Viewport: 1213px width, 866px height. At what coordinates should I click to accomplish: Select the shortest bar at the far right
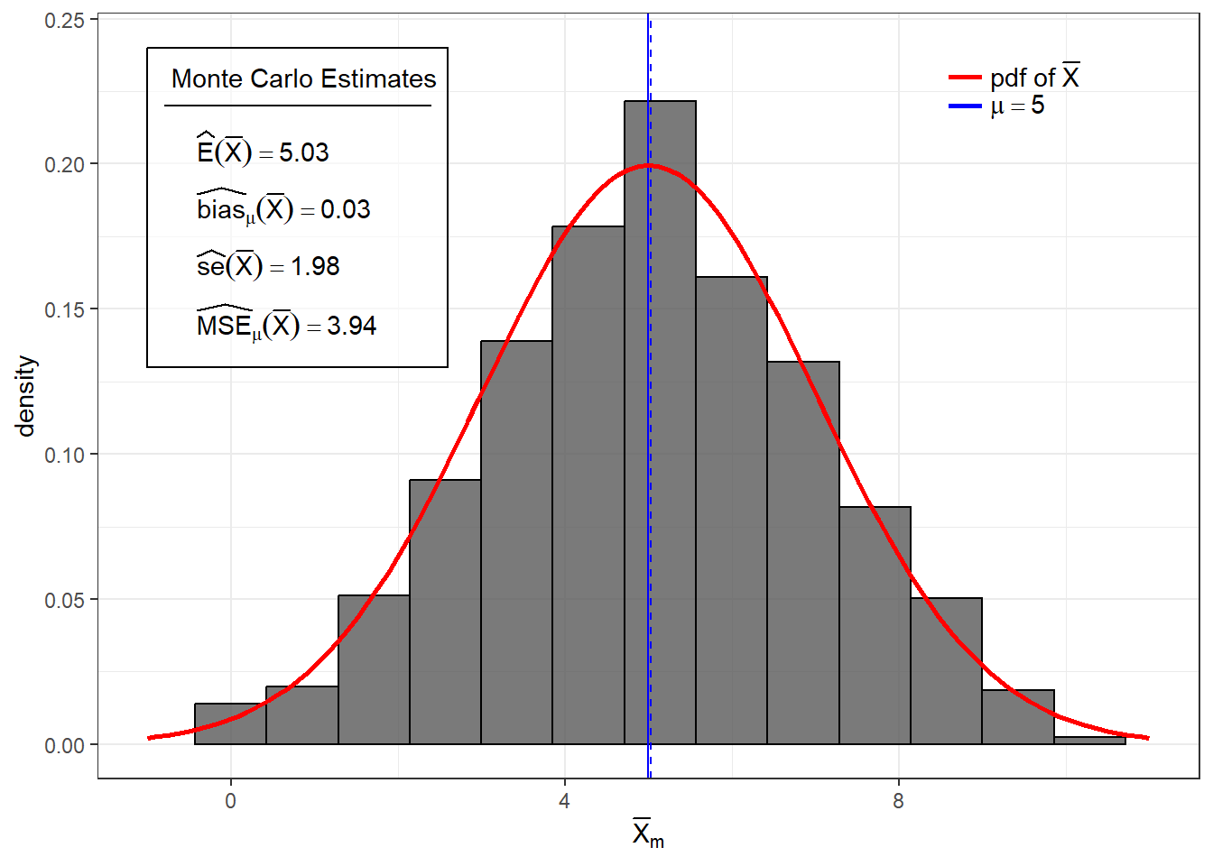[1089, 741]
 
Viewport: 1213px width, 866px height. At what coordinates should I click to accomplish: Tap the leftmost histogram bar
[230, 723]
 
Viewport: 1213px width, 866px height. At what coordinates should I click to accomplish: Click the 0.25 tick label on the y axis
[64, 20]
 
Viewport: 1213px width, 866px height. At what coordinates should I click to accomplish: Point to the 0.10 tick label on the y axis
[64, 455]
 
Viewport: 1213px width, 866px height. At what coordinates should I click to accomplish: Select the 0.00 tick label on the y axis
[64, 745]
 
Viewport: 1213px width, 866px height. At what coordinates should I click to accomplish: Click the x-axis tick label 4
[564, 801]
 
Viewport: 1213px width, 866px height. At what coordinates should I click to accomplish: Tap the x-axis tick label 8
[898, 801]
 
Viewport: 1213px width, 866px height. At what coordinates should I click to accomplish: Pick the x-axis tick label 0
[230, 801]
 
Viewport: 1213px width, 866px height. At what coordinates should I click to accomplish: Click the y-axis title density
[25, 396]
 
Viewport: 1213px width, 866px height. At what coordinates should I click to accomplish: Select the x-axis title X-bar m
[647, 834]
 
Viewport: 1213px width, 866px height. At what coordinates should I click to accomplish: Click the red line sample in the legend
[965, 78]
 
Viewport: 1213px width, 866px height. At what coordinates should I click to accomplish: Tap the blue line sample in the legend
[965, 106]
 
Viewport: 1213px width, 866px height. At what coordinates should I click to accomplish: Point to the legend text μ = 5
[1017, 106]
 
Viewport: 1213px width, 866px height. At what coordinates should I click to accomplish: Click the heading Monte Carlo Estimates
[303, 79]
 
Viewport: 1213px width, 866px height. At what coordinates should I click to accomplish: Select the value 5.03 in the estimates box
[303, 152]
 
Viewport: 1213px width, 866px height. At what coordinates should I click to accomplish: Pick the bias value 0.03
[345, 210]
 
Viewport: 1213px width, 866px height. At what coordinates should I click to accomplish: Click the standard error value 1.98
[315, 267]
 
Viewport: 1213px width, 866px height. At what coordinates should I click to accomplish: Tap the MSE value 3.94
[351, 326]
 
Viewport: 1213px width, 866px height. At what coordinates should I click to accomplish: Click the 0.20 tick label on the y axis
[64, 164]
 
